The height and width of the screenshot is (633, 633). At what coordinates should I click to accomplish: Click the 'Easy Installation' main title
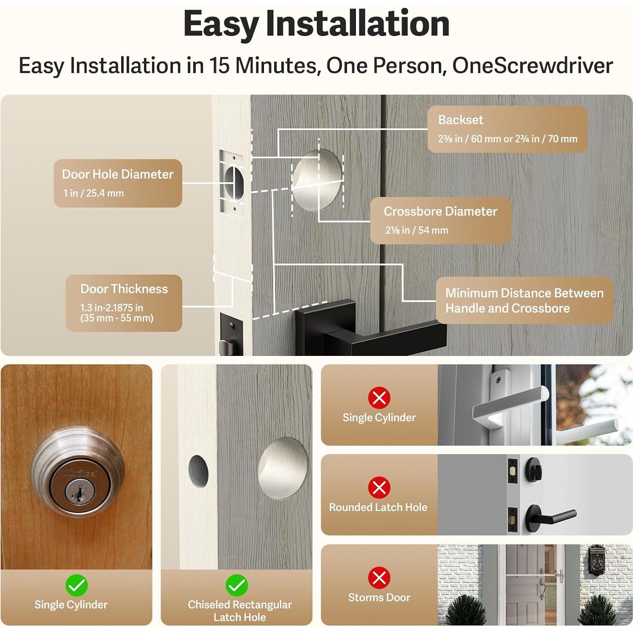pos(316,25)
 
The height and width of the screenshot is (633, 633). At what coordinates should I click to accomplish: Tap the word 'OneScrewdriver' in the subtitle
pos(533,66)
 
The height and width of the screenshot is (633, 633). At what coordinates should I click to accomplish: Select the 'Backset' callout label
pos(461,120)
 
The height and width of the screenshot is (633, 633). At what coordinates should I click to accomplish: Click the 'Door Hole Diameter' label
pos(118,174)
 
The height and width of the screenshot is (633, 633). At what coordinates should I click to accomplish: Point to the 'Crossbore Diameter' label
pos(440,211)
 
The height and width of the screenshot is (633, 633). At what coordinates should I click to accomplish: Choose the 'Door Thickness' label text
pos(124,289)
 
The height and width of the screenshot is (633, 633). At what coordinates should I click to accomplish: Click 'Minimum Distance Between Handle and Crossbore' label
pos(525,300)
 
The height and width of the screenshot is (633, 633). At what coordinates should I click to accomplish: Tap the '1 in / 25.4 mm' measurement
pos(94,193)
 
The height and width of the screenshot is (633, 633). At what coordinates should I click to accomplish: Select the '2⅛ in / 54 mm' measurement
pos(417,230)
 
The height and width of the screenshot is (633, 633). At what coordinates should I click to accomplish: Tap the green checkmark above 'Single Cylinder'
pos(77,585)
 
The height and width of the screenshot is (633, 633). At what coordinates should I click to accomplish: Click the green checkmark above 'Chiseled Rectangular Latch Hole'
pos(237,585)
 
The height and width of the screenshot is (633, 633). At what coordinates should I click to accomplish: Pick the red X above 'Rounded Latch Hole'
pos(379,487)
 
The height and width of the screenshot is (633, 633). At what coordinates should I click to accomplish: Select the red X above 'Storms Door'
pos(379,577)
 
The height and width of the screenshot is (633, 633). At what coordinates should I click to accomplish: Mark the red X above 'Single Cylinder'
pos(379,397)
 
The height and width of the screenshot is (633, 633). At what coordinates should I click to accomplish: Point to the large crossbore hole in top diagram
pos(317,180)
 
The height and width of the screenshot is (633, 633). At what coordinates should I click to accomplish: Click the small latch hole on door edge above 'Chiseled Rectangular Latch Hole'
pos(198,471)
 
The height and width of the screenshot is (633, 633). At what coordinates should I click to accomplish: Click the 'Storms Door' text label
pos(379,597)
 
